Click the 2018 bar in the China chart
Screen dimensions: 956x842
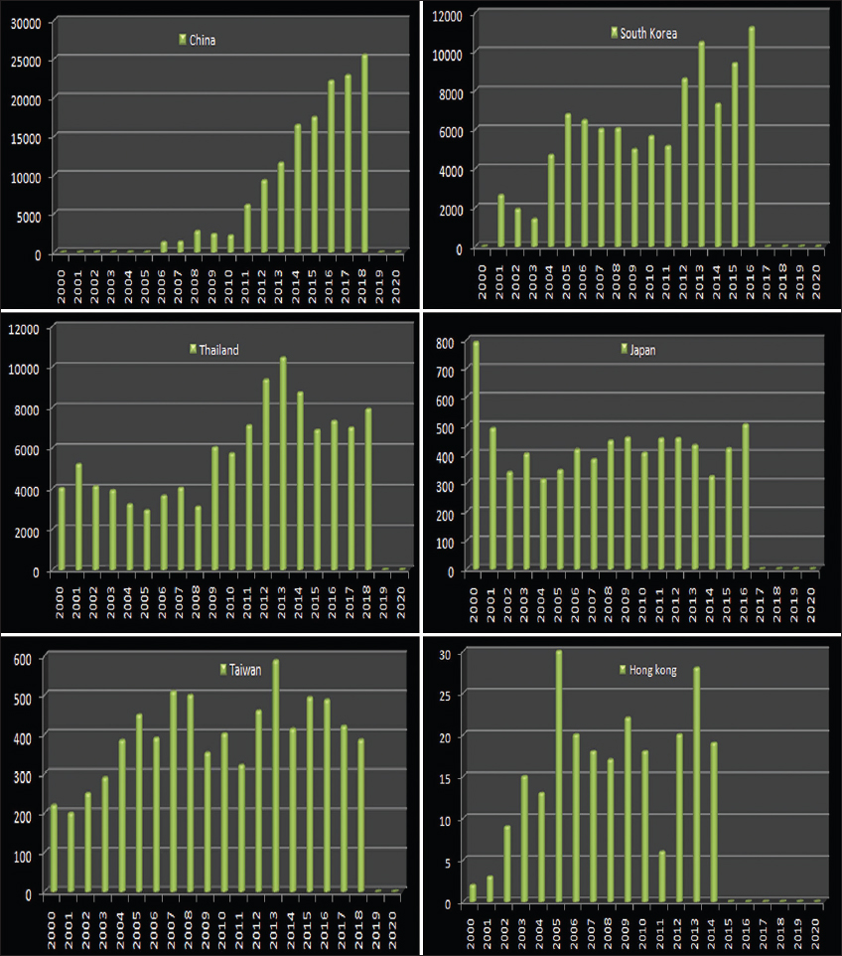click(x=365, y=153)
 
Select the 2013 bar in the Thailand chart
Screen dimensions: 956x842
click(x=282, y=463)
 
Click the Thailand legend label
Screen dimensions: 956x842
click(x=218, y=350)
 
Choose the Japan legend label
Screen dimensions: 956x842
click(x=642, y=350)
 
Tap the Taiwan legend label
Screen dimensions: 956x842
click(x=244, y=670)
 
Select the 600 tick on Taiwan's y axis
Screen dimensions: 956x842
click(x=19, y=658)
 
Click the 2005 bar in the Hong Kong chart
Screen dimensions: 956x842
click(x=559, y=776)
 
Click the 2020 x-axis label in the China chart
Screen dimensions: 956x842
click(x=399, y=282)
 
